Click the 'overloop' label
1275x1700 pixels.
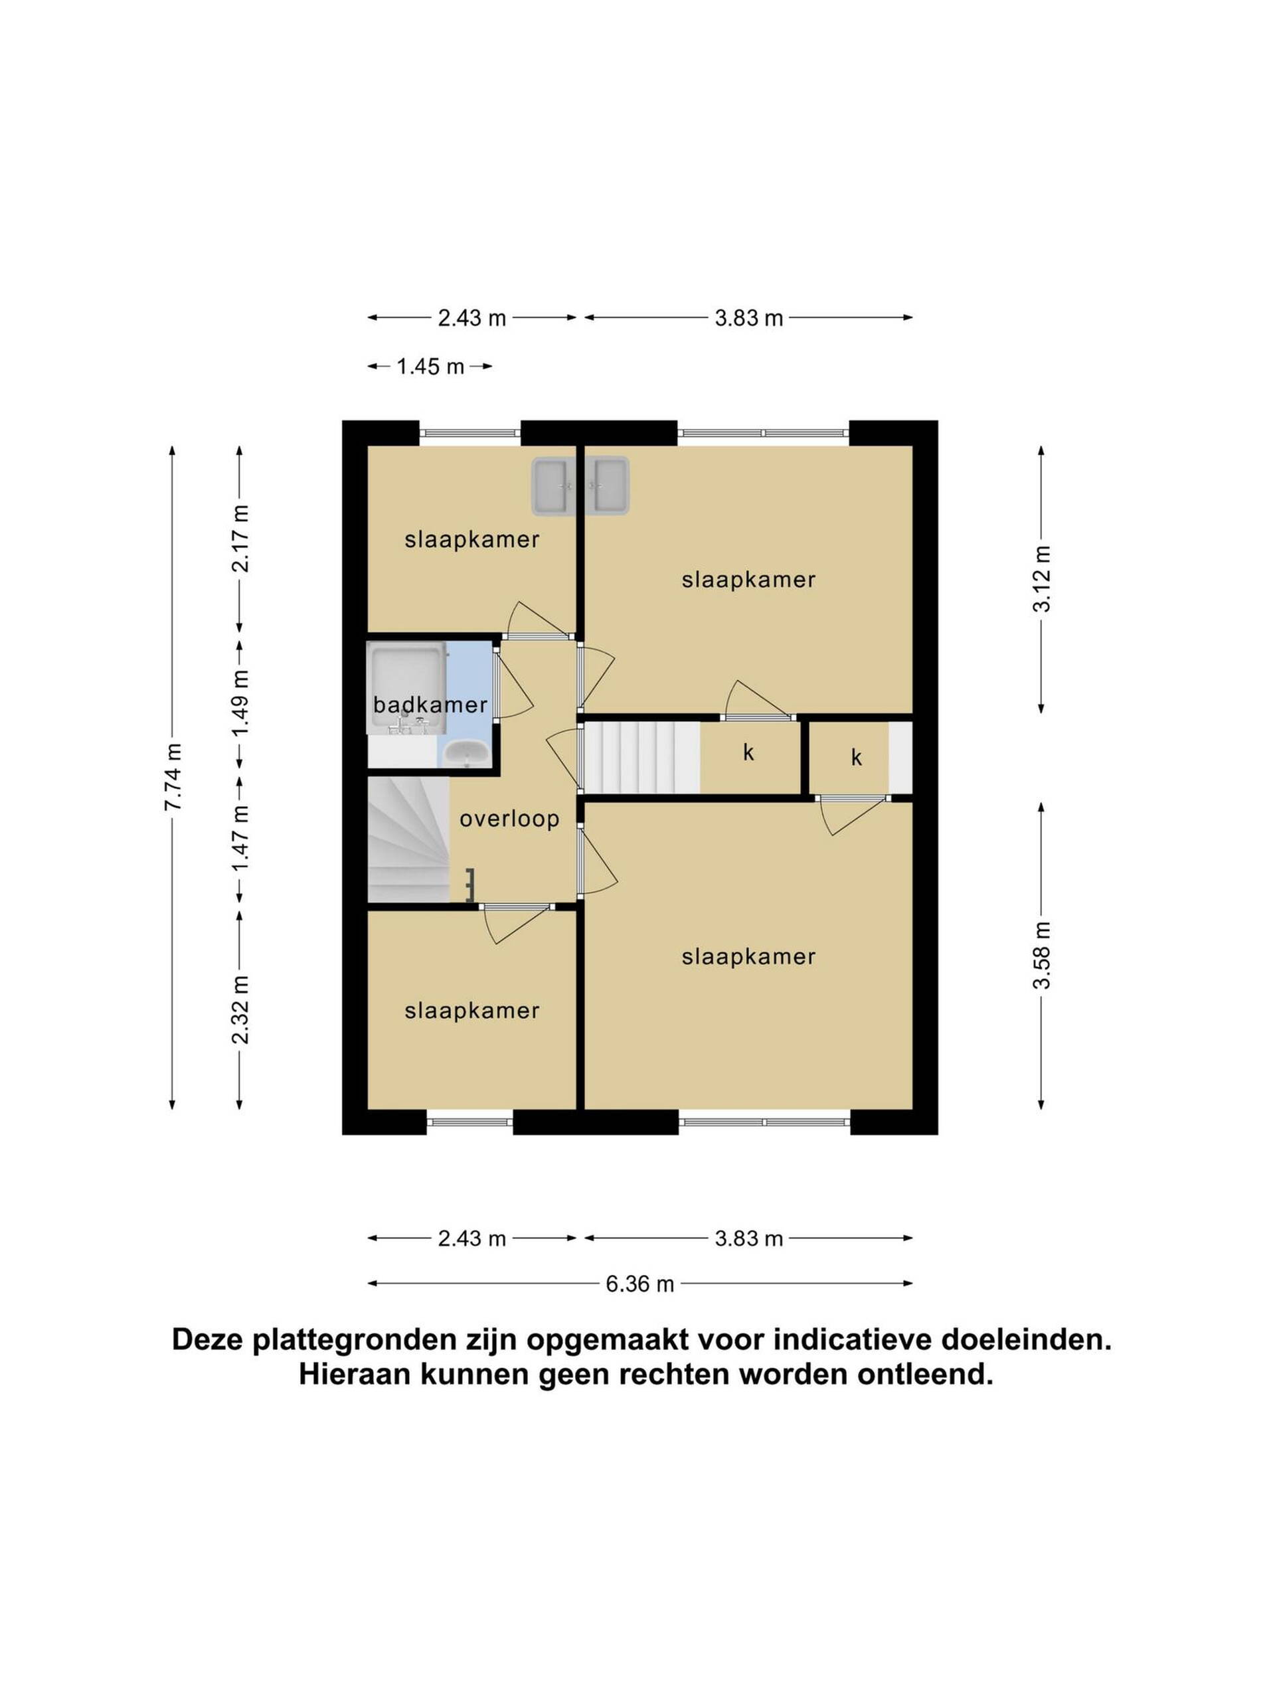509,819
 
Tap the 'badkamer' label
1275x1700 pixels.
430,704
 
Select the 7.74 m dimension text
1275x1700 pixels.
172,777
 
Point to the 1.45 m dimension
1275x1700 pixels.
430,367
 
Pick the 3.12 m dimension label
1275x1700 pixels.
1041,578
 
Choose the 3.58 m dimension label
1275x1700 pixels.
1041,956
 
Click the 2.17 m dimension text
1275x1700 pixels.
240,539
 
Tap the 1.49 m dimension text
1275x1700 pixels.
240,703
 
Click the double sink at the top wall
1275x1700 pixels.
581,485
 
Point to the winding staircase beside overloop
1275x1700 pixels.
408,839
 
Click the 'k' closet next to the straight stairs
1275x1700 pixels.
749,753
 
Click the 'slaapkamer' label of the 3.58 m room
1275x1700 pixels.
748,956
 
